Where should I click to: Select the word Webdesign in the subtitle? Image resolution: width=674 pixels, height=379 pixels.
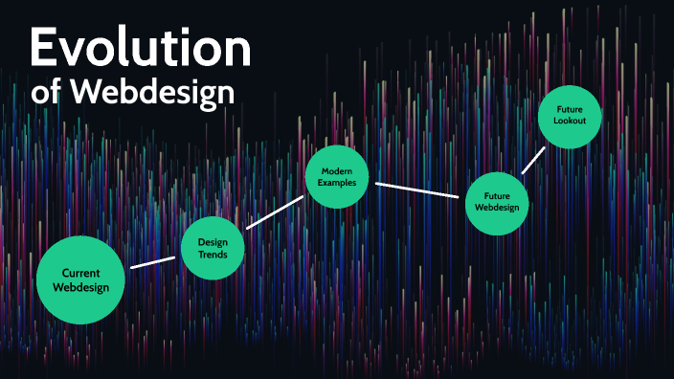153,93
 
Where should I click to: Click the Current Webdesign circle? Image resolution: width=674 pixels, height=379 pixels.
80,279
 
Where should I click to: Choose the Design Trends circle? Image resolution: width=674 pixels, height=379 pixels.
213,248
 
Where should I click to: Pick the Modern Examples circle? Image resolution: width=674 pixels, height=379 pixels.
337,175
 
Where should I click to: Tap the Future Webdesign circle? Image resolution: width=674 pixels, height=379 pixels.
497,201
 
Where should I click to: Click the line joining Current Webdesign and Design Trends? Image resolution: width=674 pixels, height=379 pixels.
153,261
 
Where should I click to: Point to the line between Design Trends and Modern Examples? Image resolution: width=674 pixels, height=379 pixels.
275,212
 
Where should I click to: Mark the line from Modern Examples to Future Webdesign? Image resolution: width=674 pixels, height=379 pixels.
418,189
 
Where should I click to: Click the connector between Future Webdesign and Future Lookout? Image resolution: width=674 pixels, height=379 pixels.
533,160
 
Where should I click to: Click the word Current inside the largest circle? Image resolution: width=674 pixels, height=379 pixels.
80,273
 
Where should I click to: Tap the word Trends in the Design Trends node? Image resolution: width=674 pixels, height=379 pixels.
213,255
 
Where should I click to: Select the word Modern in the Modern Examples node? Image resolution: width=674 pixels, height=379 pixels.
337,168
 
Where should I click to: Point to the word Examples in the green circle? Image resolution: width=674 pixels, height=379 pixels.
337,182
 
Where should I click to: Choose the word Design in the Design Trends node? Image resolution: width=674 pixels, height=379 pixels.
213,241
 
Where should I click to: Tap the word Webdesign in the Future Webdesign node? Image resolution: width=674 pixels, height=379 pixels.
497,208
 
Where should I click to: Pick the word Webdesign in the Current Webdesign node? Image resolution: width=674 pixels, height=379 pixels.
80,287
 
